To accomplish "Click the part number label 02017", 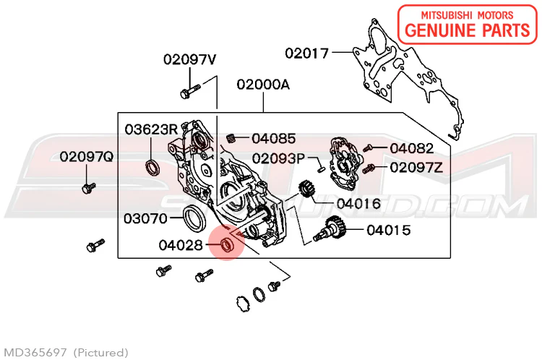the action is [306, 53].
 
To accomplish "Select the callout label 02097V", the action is [190, 59].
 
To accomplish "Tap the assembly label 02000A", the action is [263, 85].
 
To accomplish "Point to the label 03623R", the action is [151, 129].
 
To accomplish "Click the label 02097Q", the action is [87, 157].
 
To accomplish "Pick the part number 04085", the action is [274, 138].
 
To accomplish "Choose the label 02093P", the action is [278, 159].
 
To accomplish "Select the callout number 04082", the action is [411, 148].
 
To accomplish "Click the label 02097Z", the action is [416, 168].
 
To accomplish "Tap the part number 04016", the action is [358, 204].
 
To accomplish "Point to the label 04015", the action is [389, 230].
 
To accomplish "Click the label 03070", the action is [145, 218].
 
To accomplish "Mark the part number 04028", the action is [181, 245].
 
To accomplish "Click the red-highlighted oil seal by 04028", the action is [227, 244].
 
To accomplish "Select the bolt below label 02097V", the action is [190, 91].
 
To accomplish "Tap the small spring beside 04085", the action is [231, 138].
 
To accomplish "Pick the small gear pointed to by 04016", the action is [305, 189].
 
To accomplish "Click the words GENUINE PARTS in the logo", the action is [467, 30].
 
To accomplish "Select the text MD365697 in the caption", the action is [35, 353].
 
